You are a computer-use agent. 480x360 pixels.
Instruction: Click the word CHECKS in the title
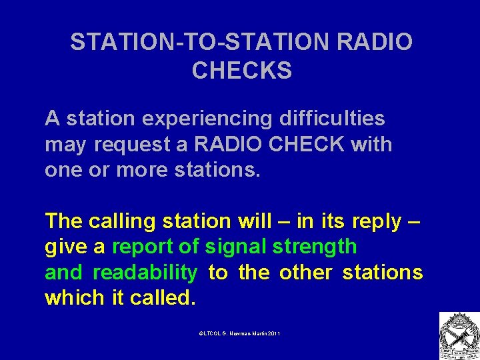241,70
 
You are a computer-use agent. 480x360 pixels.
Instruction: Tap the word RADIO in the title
375,42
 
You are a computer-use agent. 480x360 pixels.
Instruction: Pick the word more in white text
141,169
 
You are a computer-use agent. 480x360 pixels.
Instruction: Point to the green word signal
235,247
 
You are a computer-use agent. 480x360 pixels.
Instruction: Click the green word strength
315,247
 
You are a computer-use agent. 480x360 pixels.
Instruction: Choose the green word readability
145,273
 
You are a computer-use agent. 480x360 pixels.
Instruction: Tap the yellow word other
305,272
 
